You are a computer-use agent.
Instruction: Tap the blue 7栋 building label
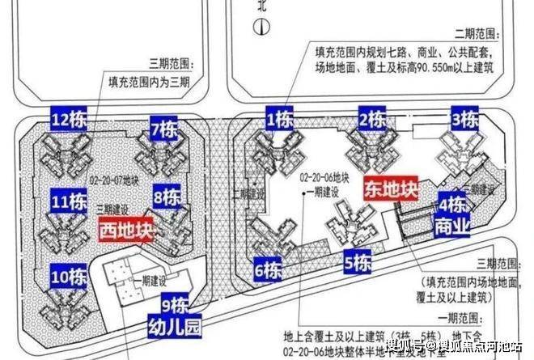[165, 129]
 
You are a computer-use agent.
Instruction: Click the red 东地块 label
[391, 189]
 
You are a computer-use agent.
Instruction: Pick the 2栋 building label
[372, 121]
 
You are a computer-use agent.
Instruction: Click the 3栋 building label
[464, 120]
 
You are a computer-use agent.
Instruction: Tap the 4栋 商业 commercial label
[454, 214]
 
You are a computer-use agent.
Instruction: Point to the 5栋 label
[357, 263]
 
